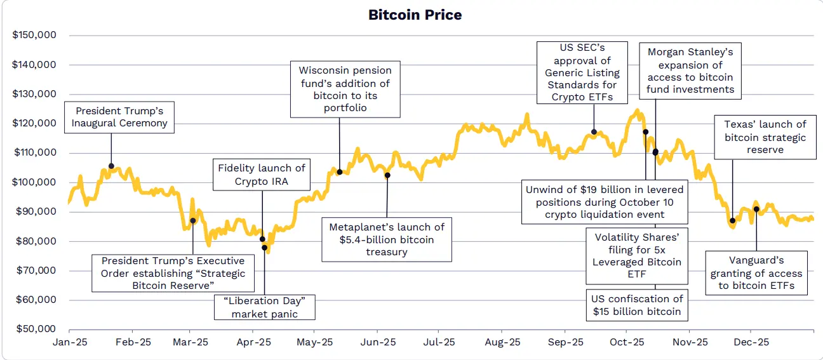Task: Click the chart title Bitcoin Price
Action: tap(415, 15)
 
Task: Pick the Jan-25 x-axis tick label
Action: tap(69, 342)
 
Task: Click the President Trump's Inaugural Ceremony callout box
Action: tap(119, 117)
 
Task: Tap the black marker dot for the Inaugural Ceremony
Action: tap(112, 166)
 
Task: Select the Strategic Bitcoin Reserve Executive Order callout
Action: tap(173, 273)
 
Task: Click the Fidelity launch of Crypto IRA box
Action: tap(262, 175)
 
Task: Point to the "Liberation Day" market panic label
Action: tap(264, 307)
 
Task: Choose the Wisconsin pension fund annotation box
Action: tap(345, 89)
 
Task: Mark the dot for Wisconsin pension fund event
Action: tap(340, 172)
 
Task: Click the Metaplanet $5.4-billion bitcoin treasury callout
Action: tap(386, 239)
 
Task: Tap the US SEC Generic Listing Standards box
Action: tap(582, 72)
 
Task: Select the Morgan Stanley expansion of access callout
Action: tap(690, 70)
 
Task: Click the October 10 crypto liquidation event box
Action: tap(604, 202)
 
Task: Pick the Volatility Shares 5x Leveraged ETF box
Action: tap(637, 256)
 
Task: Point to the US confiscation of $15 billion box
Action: tap(637, 305)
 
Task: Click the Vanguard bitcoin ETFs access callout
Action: tap(756, 273)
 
